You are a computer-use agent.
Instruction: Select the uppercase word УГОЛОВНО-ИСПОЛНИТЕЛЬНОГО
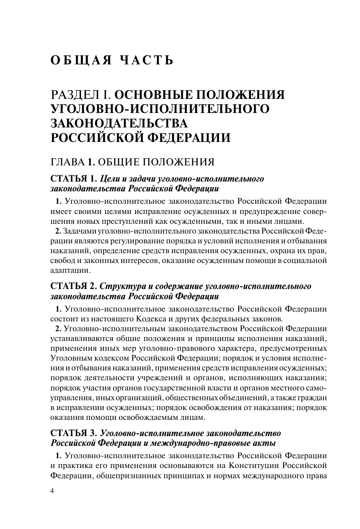pyautogui.click(x=160, y=109)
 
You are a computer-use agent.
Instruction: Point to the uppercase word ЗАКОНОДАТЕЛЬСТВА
pyautogui.click(x=119, y=124)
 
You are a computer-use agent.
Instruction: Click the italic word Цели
pyautogui.click(x=109, y=178)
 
